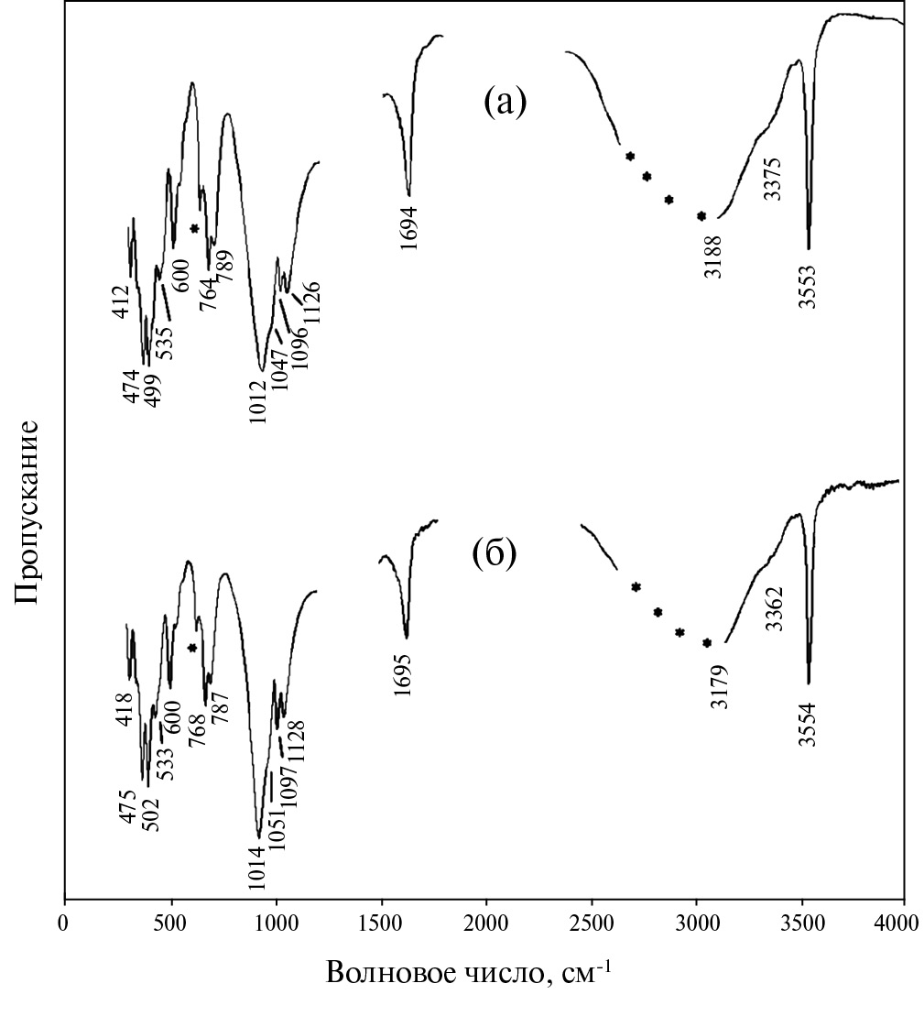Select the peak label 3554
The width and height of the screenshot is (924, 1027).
tap(807, 724)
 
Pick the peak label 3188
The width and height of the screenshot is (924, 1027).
tap(714, 259)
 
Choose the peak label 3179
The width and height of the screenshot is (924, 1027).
tap(720, 686)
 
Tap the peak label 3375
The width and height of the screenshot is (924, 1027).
tap(772, 179)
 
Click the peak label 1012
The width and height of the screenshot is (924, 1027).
tap(257, 401)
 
